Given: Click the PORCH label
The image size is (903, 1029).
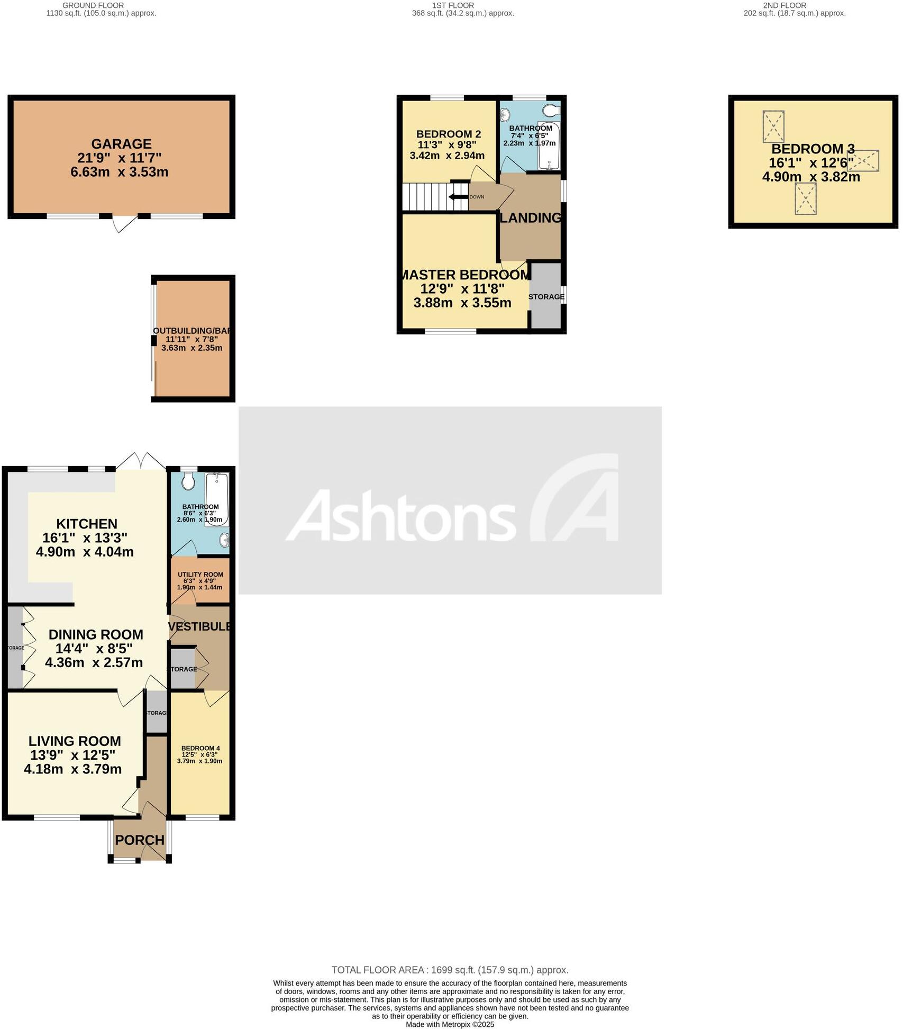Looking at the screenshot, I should coord(140,840).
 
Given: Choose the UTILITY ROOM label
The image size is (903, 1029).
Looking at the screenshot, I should coord(200,575).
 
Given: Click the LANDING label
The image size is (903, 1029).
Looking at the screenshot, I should coord(530,217).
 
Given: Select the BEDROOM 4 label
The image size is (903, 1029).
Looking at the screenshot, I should coord(200,748).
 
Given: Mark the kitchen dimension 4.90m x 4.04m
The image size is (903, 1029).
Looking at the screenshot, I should coord(85,552).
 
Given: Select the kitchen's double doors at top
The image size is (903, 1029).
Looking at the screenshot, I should coord(141,460).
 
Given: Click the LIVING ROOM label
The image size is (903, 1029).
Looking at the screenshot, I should coord(75,741).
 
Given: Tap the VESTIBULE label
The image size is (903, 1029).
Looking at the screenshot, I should coord(199,626).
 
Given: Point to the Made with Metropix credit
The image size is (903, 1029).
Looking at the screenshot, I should coord(450,1024).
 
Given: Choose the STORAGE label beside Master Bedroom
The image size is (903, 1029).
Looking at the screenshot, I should coord(546,297).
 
